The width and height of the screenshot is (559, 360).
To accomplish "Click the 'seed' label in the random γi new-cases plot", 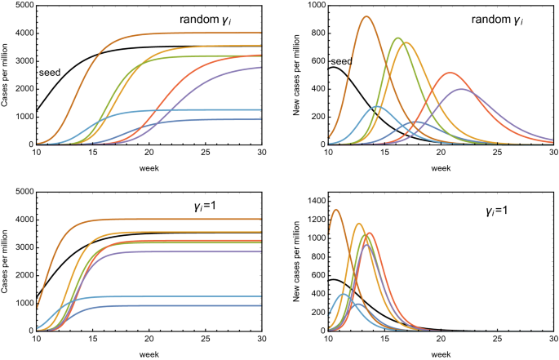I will coord(340,61).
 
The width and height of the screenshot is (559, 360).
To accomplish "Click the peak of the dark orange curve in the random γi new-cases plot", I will coord(366,16).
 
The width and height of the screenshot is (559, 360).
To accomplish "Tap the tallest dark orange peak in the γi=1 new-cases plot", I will coord(335,210).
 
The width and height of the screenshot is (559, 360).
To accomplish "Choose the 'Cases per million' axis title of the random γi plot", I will coord(6,76).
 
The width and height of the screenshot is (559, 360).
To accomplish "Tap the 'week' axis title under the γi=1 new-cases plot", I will coord(441,354).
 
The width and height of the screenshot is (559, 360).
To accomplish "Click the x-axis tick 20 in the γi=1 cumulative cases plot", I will coord(149,339).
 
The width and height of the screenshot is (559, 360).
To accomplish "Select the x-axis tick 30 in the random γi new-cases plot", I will coord(552,153).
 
